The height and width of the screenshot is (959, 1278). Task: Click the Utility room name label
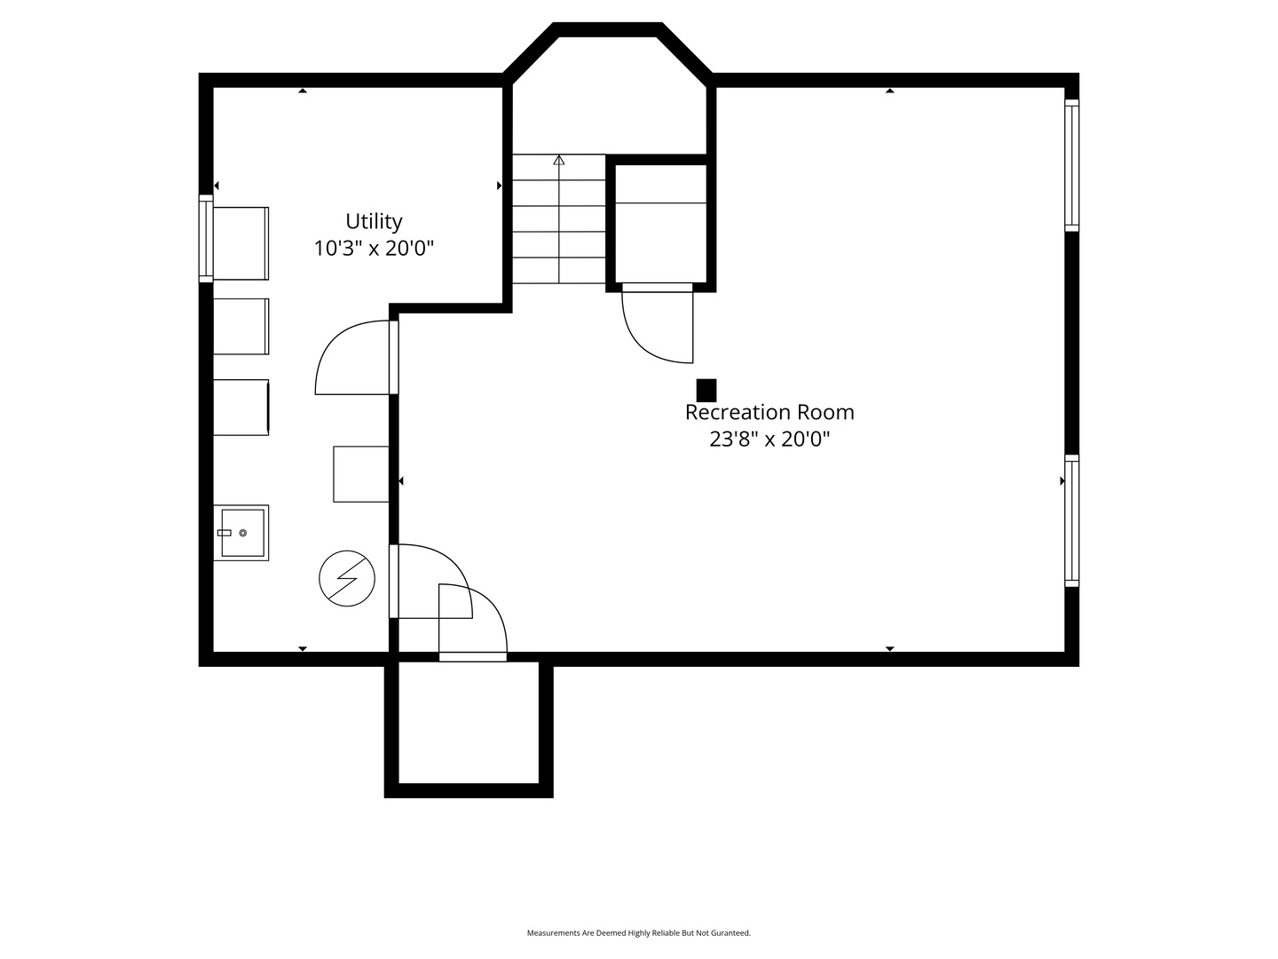374,221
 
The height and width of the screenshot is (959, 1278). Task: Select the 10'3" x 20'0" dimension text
374,249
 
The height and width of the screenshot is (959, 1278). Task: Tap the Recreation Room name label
769,412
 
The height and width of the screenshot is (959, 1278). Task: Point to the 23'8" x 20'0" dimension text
769,439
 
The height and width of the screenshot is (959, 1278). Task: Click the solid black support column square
706,390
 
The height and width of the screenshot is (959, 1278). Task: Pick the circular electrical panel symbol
347,578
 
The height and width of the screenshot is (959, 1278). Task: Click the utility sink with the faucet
241,533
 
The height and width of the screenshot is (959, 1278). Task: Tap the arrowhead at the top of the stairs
559,160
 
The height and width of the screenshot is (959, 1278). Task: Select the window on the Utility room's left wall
206,239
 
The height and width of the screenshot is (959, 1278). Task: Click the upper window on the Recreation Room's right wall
1072,165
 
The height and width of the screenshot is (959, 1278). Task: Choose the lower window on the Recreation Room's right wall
1072,520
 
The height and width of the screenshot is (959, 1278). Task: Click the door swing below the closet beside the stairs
658,323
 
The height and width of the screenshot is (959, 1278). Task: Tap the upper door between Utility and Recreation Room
356,358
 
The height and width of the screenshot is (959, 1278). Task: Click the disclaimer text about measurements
639,932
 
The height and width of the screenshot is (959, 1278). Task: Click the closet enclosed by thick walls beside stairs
661,223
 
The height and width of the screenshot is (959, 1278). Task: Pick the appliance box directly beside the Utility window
241,243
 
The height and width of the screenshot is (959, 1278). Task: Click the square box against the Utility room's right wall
361,474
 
